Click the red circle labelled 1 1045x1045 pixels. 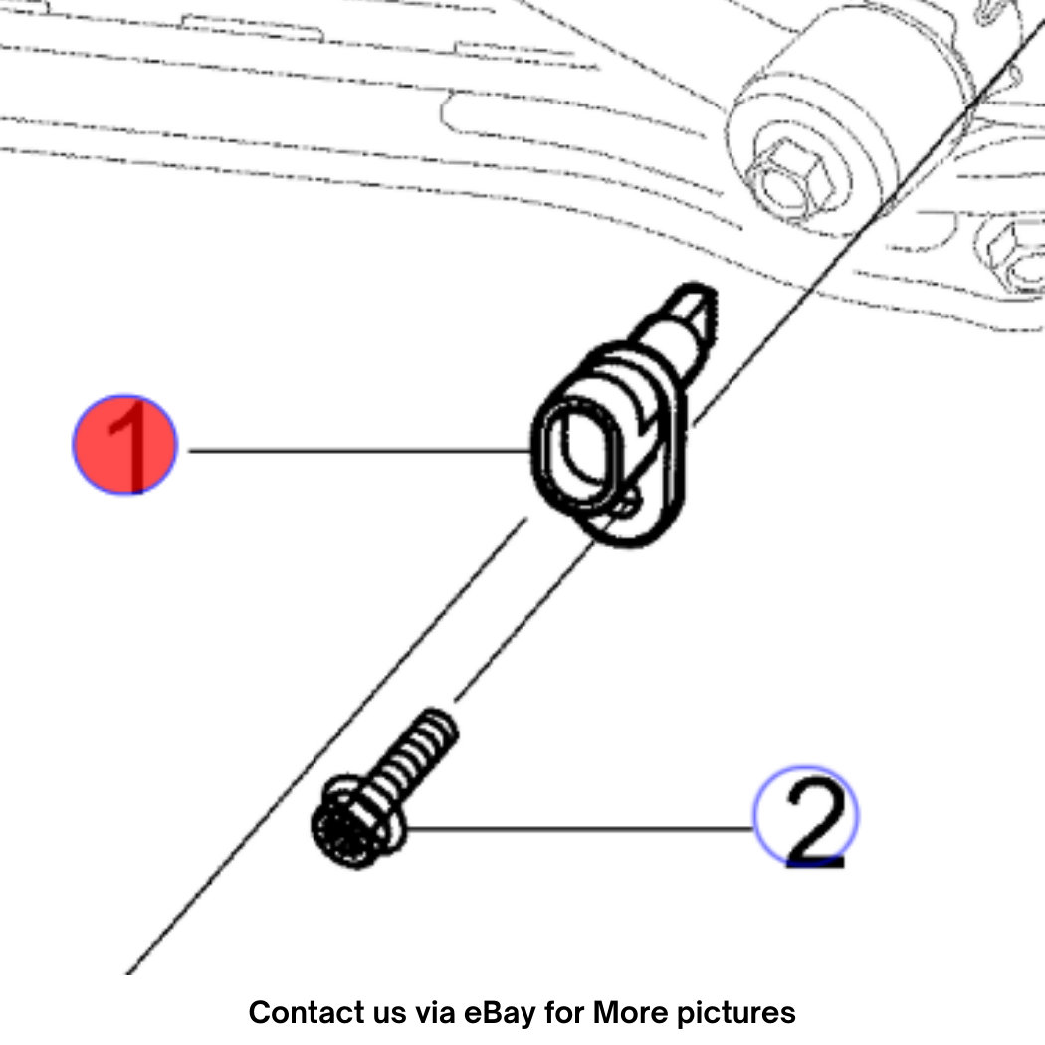(124, 445)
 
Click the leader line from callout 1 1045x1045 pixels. (359, 451)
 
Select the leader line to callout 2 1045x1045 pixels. (579, 828)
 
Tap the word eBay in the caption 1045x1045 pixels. (500, 1012)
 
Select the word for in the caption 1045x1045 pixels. (564, 1012)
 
